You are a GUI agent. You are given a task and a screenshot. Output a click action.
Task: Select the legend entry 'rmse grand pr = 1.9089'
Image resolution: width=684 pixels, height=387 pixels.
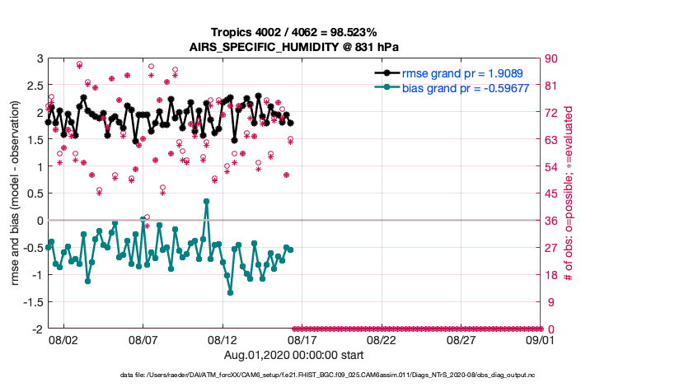456,73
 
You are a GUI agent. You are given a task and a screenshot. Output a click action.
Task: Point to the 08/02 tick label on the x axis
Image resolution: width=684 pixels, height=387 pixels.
63,339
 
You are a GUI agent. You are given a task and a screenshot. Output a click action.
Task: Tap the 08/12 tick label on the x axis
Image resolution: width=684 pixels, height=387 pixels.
223,339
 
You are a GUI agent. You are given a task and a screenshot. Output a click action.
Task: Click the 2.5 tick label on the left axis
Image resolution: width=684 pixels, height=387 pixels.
34,86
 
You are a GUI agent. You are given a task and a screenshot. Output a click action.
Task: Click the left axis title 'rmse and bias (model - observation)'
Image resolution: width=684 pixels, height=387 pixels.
16,193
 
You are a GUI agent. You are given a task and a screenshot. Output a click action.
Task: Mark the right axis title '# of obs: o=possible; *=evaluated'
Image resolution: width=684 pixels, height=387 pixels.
569,193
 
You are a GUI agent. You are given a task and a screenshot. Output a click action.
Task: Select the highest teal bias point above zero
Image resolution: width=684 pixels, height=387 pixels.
206,201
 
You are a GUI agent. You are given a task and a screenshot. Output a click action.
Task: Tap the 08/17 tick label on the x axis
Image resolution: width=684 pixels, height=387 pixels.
302,339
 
